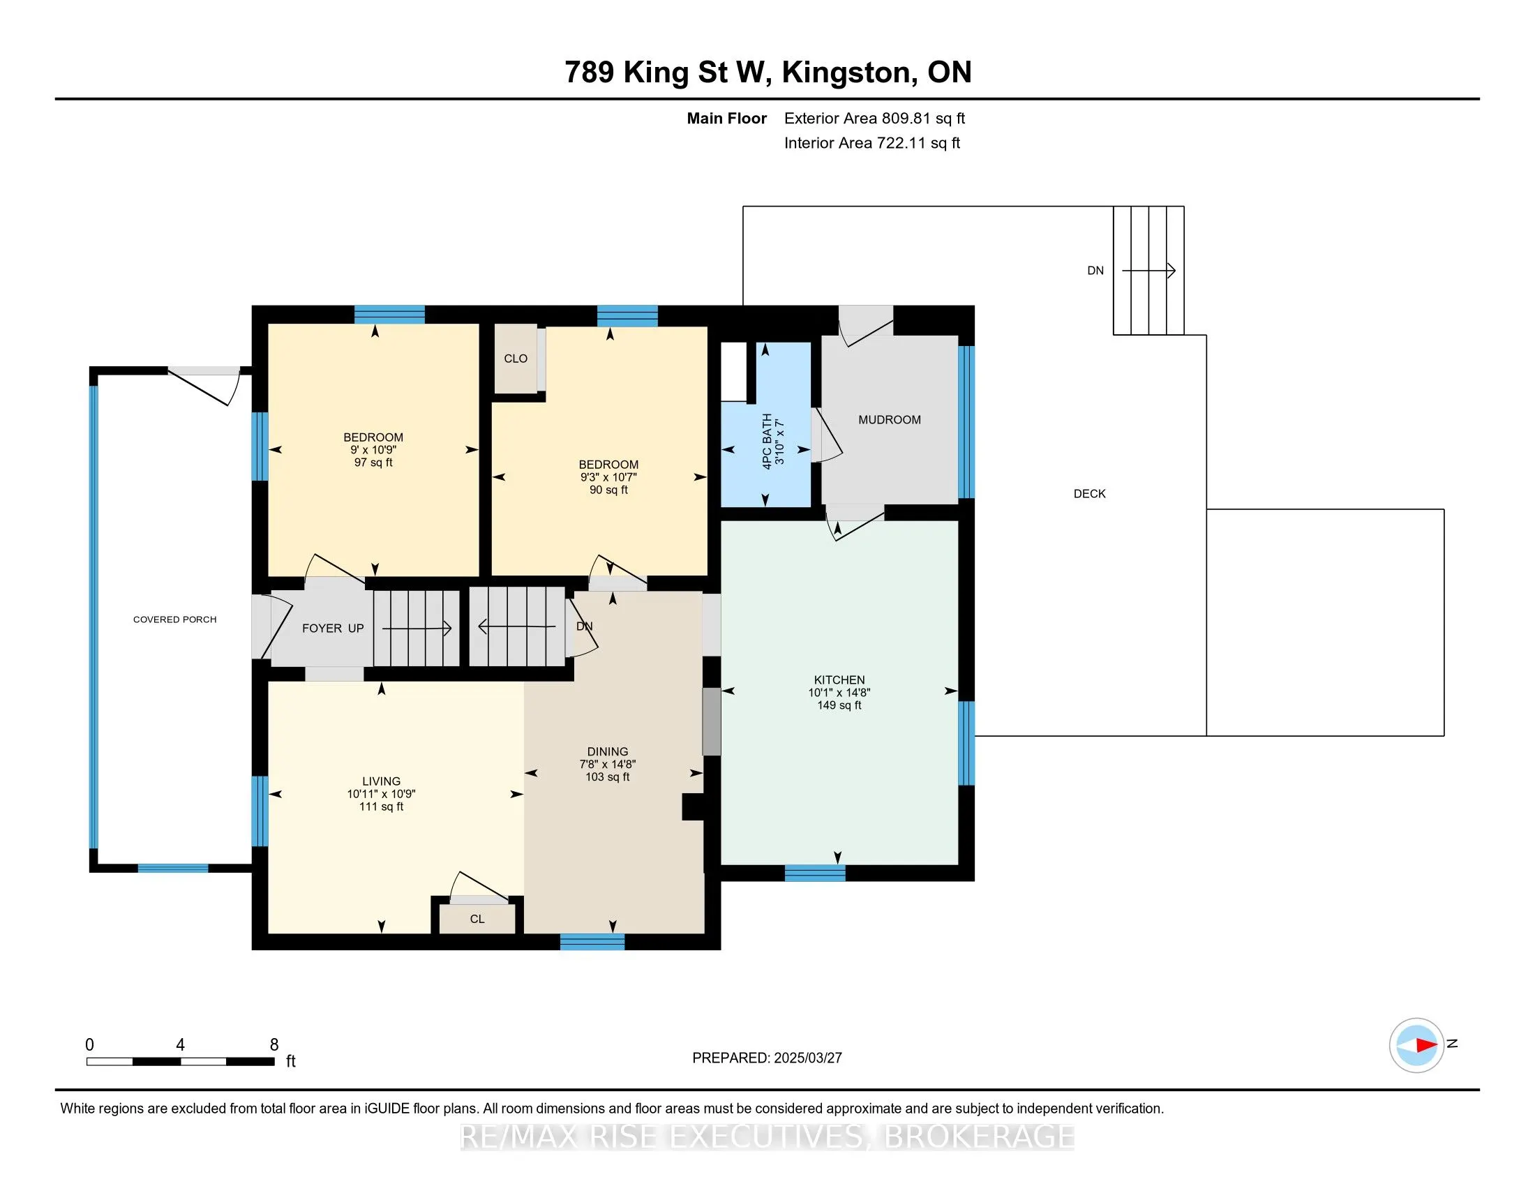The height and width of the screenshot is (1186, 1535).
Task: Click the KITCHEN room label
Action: pos(839,680)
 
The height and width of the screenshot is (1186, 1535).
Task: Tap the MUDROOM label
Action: pos(889,419)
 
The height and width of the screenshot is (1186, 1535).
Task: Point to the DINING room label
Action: pos(607,751)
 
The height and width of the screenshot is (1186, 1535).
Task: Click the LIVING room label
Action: pos(381,781)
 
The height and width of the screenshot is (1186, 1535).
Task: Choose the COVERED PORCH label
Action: pos(175,619)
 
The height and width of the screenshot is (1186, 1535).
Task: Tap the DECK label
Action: pos(1089,494)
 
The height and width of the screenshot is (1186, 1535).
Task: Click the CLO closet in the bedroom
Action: pos(515,359)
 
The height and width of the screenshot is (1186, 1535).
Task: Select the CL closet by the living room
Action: pos(477,918)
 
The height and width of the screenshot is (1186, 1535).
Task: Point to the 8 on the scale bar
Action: pos(274,1045)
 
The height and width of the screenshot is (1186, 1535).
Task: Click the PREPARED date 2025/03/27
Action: pos(807,1058)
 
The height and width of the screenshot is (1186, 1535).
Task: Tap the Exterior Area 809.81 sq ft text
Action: pos(874,118)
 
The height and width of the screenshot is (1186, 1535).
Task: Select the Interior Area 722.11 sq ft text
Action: pos(871,142)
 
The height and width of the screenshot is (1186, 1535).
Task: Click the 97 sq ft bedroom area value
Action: pos(373,463)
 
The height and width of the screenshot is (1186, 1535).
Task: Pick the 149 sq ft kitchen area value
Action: pos(839,705)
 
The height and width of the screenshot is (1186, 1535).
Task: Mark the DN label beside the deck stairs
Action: pos(1095,271)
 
